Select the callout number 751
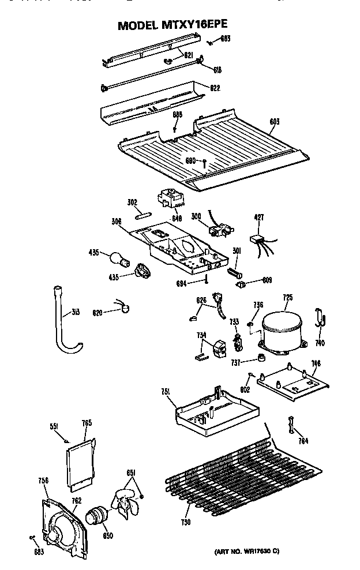point(165,392)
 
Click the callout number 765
point(87,424)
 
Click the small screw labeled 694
point(205,281)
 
